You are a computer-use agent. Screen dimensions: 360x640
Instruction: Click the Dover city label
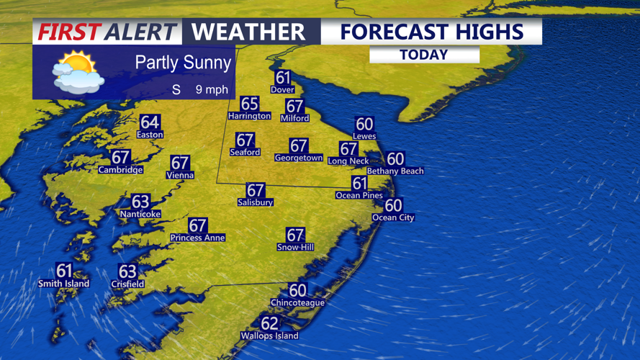[282, 90]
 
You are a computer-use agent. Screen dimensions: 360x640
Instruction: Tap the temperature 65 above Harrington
[249, 104]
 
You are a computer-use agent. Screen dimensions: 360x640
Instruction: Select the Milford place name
[294, 118]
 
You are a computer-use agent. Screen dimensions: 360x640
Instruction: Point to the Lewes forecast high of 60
[364, 125]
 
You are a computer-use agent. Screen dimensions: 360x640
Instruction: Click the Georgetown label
[299, 158]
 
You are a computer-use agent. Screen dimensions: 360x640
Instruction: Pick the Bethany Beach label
[395, 171]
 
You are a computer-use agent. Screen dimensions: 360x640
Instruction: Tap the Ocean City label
[393, 217]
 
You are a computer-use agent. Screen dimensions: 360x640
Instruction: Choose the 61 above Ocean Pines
[359, 184]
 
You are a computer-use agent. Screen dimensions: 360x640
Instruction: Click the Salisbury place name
[256, 203]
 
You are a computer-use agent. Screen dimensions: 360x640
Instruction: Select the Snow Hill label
[295, 248]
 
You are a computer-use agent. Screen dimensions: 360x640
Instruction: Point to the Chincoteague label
[297, 303]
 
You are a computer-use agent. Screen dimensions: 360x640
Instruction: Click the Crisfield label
[127, 284]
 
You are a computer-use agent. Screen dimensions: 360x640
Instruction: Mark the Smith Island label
[64, 284]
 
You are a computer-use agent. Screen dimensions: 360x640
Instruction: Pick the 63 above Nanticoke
[140, 202]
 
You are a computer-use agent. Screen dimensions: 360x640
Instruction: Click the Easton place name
[150, 135]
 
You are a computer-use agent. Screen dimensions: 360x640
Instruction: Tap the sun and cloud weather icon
[78, 73]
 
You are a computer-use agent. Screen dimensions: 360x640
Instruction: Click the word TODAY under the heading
[424, 55]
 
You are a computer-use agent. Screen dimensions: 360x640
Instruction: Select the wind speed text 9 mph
[212, 90]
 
